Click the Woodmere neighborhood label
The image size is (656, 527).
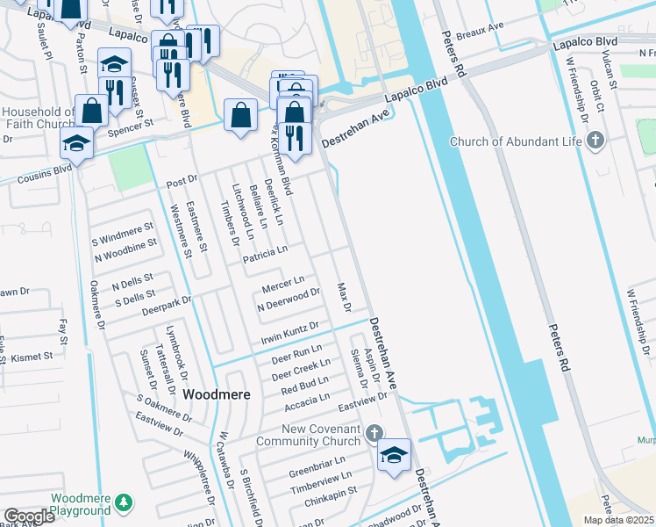point(217,395)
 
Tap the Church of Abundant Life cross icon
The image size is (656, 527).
point(595,141)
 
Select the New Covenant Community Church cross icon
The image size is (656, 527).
point(374,433)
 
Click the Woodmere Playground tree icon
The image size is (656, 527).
point(125,502)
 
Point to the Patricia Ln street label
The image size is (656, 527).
point(266,251)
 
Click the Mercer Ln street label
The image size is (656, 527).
point(283,285)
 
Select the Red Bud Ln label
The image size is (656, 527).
point(304,385)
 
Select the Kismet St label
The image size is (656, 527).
point(34,357)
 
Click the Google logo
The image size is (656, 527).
point(29,516)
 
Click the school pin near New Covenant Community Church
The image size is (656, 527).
point(395,455)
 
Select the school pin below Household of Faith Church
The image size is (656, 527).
point(77,142)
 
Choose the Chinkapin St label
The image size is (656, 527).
point(326,492)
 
